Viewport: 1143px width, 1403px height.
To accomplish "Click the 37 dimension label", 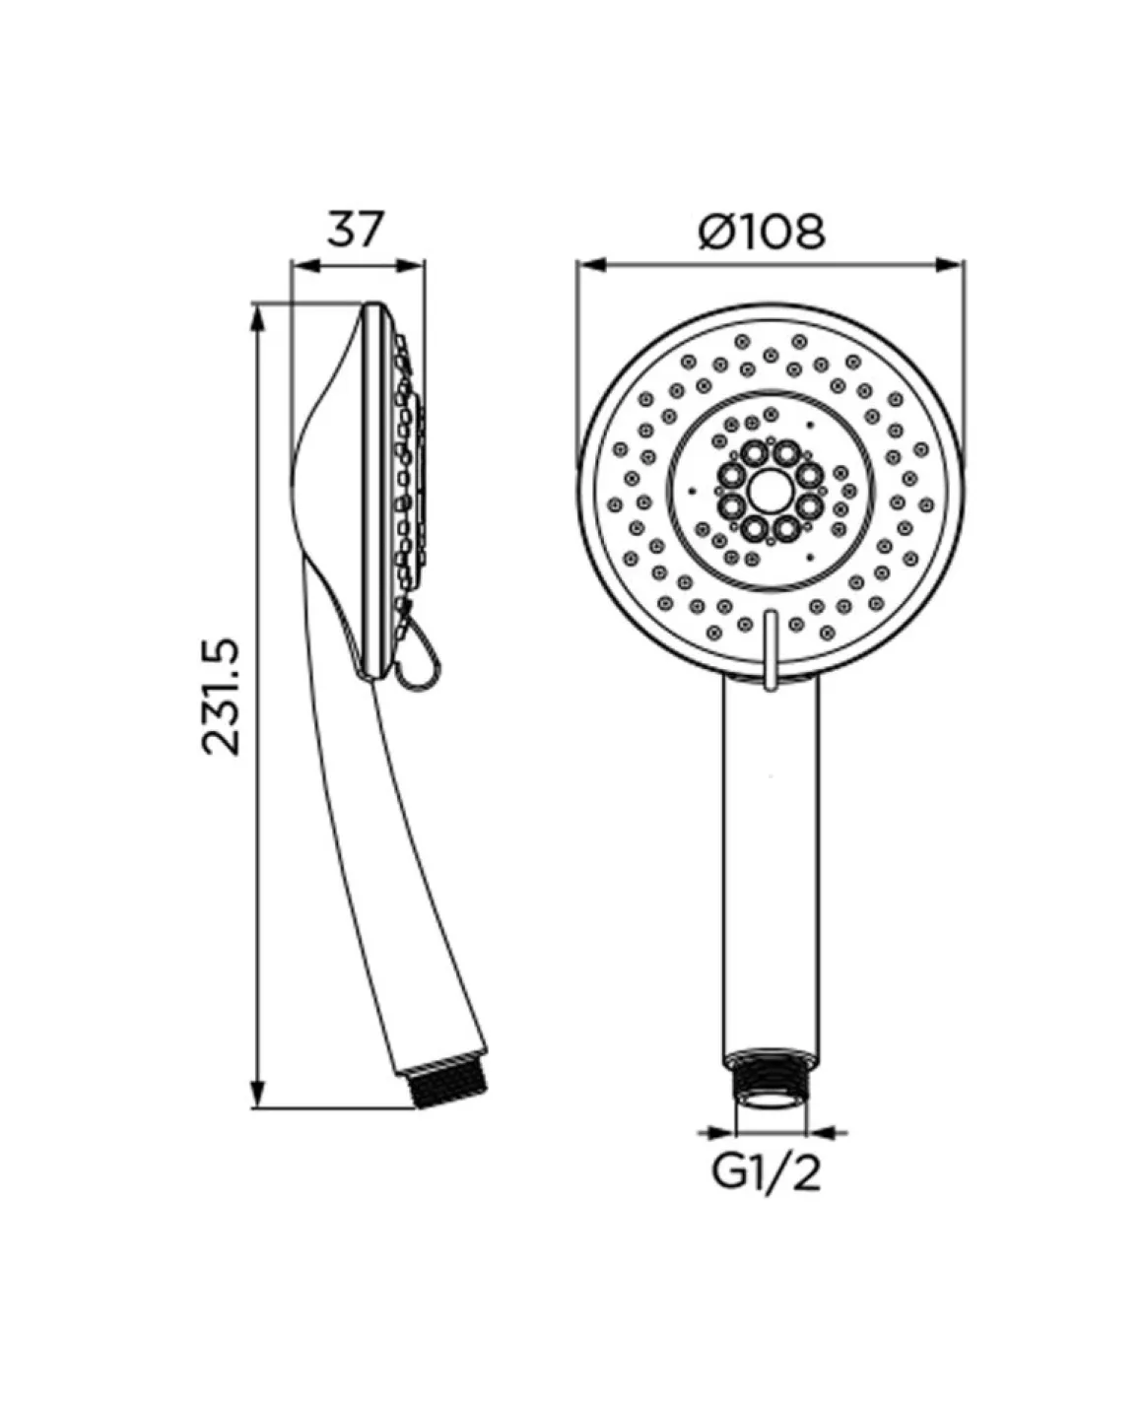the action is (x=355, y=229).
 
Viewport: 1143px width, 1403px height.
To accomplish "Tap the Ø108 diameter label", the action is (x=761, y=232).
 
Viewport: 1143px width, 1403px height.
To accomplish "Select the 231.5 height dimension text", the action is (x=222, y=697).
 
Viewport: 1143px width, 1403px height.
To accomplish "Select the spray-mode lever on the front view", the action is (x=771, y=649).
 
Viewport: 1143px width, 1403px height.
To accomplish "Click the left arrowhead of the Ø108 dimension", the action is (x=591, y=265).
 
